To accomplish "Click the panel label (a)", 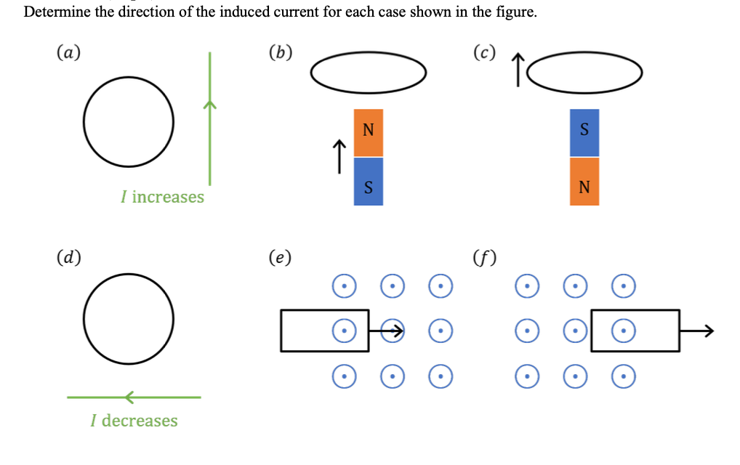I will (68, 52).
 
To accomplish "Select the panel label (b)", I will (280, 52).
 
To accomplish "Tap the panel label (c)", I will (484, 52).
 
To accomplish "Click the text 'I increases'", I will (163, 197).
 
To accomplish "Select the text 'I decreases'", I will (134, 421).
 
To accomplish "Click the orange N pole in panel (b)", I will (368, 132).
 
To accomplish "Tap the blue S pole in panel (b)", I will (368, 182).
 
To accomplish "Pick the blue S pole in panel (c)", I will (584, 132).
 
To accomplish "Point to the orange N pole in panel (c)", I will (584, 182).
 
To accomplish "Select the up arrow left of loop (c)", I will (518, 70).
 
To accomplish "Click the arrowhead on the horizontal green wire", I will (129, 397).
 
